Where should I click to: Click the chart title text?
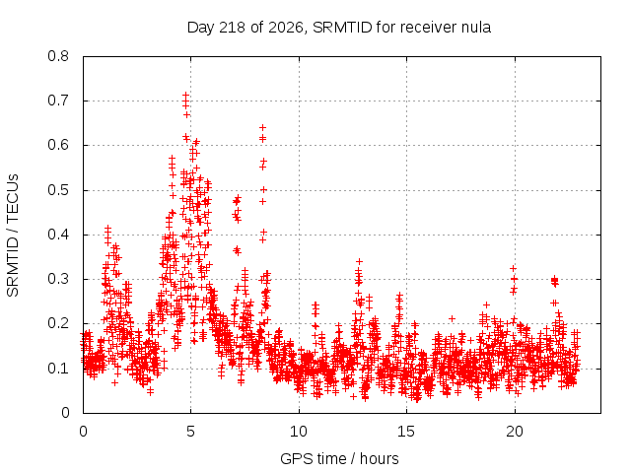click(339, 28)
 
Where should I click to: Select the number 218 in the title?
click(233, 28)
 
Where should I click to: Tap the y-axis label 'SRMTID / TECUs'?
click(13, 236)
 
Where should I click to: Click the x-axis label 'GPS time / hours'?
click(339, 458)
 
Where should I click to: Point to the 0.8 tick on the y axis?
click(58, 56)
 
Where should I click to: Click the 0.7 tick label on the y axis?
click(58, 101)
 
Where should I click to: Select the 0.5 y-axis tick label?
click(58, 190)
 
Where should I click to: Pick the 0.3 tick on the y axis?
click(58, 279)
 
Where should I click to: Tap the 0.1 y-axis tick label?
click(58, 368)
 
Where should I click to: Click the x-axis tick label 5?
click(190, 432)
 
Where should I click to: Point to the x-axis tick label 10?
click(299, 432)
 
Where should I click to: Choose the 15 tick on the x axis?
click(406, 432)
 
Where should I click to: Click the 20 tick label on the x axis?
click(515, 432)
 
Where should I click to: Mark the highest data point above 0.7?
click(185, 96)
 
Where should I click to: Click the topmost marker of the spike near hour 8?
click(263, 127)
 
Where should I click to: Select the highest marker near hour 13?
click(359, 261)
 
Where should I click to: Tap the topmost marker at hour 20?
click(513, 268)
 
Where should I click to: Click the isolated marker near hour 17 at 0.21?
click(452, 318)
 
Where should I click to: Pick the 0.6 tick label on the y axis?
click(58, 145)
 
